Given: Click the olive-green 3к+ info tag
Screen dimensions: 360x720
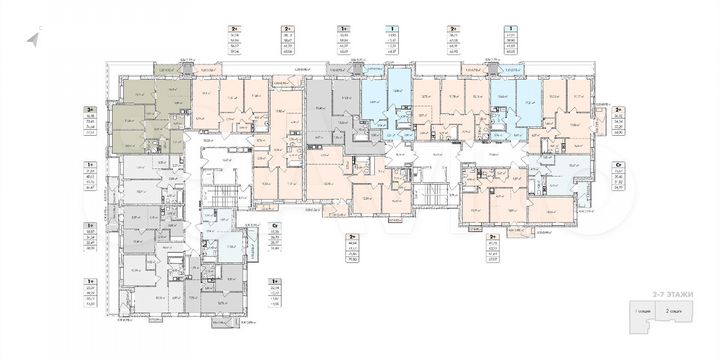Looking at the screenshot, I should pyautogui.click(x=88, y=116).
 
